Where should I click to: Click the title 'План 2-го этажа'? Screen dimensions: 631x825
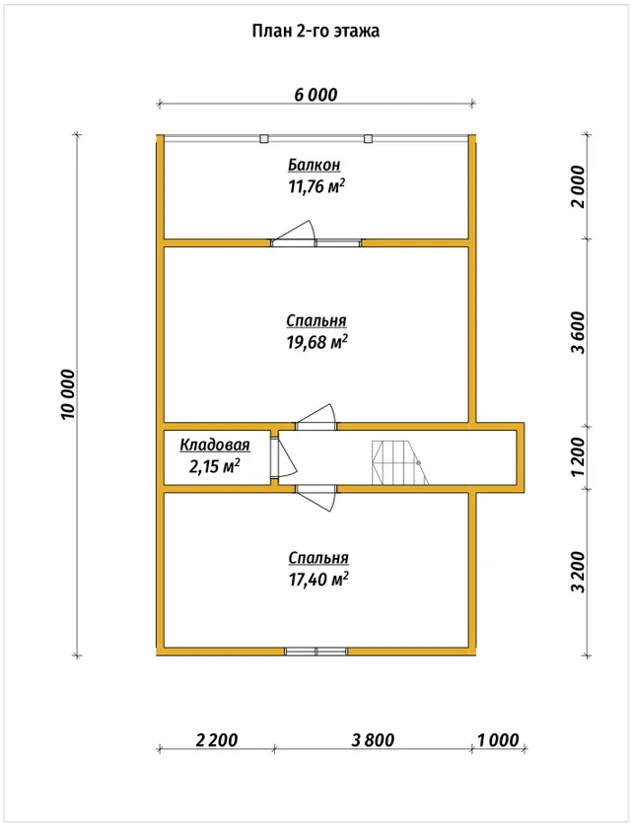coord(315,31)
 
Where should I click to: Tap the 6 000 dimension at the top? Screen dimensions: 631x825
coord(315,95)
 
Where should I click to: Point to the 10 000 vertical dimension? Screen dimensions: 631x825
coord(68,394)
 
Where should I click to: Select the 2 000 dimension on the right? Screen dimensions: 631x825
coord(578,186)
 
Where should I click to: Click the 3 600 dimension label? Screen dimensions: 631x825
coord(578,332)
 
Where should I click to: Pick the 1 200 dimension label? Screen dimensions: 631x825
coord(578,456)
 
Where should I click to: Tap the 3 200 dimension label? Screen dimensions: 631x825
coord(578,572)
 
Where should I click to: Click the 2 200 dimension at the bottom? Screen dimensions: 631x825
coord(217,740)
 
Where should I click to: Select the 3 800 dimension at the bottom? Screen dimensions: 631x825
coord(373,740)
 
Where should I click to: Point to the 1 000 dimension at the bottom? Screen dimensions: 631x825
coord(498,740)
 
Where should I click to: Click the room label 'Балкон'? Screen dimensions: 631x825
coord(315,166)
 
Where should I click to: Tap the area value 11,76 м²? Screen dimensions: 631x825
coord(316,186)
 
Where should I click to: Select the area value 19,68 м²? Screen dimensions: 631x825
coord(316,342)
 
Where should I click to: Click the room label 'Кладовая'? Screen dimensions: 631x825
coord(215,446)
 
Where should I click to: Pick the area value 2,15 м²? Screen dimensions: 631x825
coord(215,466)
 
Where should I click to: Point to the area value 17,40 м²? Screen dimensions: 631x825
coord(318,580)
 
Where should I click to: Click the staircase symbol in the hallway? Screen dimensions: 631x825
coord(400,462)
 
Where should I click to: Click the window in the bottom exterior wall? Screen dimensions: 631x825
coord(316,652)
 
